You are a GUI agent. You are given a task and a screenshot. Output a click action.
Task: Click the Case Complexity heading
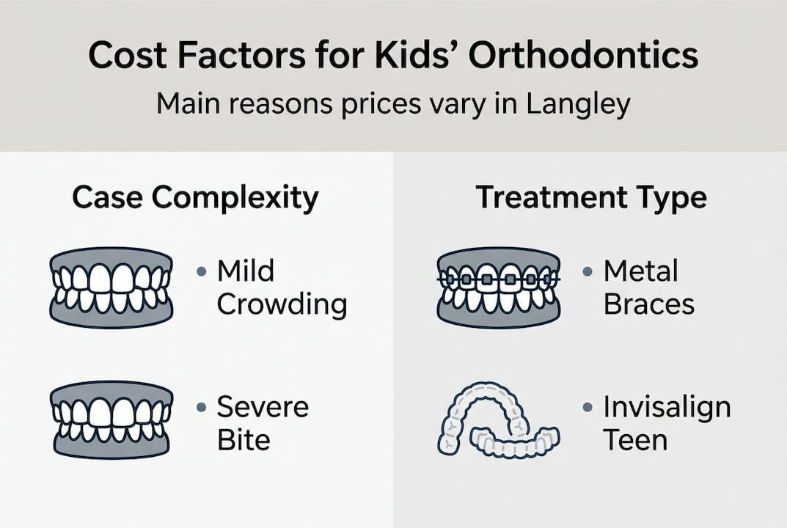pyautogui.click(x=195, y=198)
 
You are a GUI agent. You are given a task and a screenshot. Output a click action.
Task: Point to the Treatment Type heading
pyautogui.click(x=591, y=198)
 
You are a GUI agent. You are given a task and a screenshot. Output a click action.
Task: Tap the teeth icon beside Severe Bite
pyautogui.click(x=111, y=419)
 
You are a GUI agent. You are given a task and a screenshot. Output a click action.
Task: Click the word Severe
pyautogui.click(x=263, y=406)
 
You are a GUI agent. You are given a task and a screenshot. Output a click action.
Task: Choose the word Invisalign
pyautogui.click(x=667, y=406)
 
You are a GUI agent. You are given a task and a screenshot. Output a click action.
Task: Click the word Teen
pyautogui.click(x=635, y=440)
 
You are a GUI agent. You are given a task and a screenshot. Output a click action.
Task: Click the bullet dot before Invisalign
pyautogui.click(x=587, y=407)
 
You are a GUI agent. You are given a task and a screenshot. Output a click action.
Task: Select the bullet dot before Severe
pyautogui.click(x=201, y=407)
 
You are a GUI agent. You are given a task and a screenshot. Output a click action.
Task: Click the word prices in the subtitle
pyautogui.click(x=380, y=104)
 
